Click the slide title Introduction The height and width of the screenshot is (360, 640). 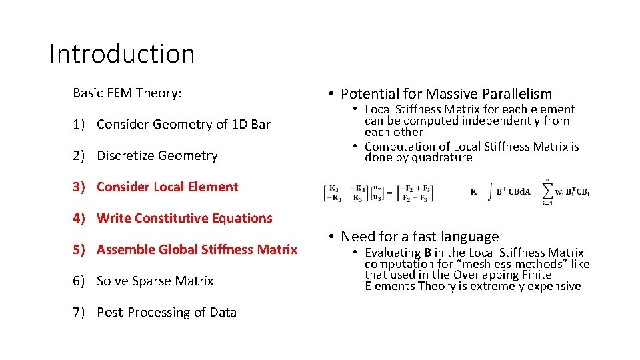point(122,53)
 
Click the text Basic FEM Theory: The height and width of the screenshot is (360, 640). point(127,93)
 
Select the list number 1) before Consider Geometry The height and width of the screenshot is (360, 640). point(80,124)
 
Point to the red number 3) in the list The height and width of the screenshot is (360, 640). point(80,187)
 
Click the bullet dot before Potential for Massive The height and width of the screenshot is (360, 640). point(331,94)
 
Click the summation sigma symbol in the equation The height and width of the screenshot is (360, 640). point(548,191)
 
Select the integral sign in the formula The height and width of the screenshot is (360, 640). point(491,191)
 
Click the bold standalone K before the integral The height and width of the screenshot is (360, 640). point(473,192)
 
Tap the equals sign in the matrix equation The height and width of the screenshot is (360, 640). point(389,193)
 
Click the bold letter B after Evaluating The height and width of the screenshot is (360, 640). point(427,253)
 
